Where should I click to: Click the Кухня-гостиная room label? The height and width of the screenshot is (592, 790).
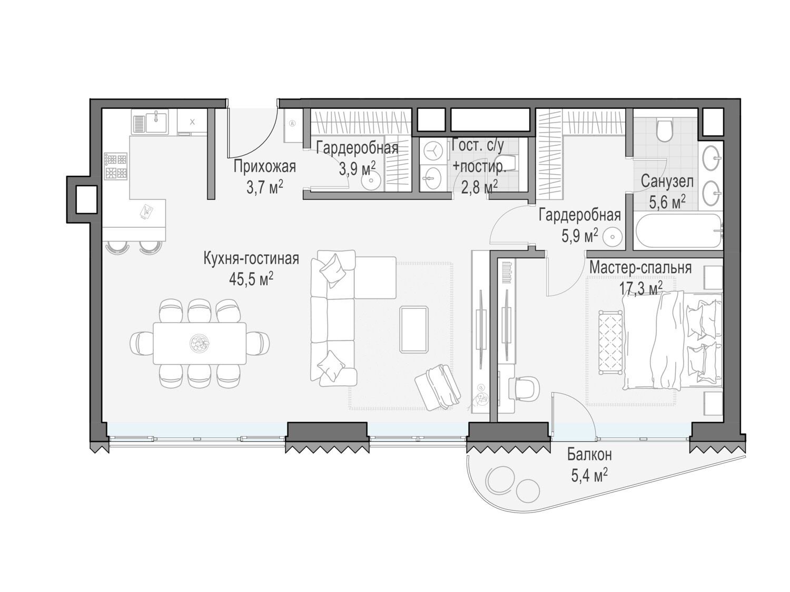(251, 258)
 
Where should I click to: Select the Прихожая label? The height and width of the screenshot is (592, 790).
(264, 167)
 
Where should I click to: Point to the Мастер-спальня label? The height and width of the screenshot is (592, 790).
(640, 268)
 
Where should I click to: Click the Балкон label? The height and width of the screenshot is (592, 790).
(589, 455)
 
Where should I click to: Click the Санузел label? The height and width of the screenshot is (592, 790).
(667, 182)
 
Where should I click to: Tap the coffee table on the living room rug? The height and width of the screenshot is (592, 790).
(414, 329)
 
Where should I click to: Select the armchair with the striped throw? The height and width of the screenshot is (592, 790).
(437, 387)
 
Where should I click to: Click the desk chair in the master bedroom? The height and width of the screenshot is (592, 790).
(527, 388)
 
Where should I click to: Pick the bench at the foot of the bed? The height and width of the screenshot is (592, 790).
(611, 342)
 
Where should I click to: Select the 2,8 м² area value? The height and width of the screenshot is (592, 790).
(480, 187)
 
